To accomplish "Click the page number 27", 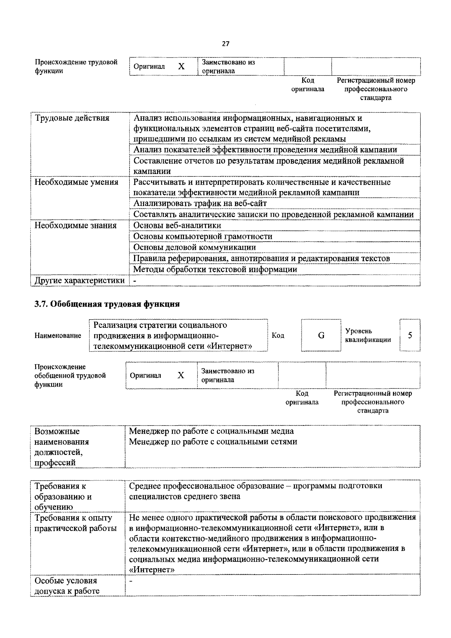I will [226, 44].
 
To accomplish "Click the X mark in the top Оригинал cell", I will [181, 66].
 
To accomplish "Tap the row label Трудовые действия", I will [72, 118].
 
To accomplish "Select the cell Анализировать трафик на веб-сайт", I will [200, 203].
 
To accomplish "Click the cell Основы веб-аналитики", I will [177, 225].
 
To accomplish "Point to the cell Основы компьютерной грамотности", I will [203, 237].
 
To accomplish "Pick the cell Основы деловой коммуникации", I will [194, 247].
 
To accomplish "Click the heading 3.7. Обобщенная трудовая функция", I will [107, 304].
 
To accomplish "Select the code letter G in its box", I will [321, 335].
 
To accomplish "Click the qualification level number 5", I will [410, 335].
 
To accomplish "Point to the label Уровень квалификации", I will [368, 335].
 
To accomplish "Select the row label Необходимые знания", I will [75, 225].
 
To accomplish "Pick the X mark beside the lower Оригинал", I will [181, 375].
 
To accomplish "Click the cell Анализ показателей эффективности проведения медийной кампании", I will [265, 150].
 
